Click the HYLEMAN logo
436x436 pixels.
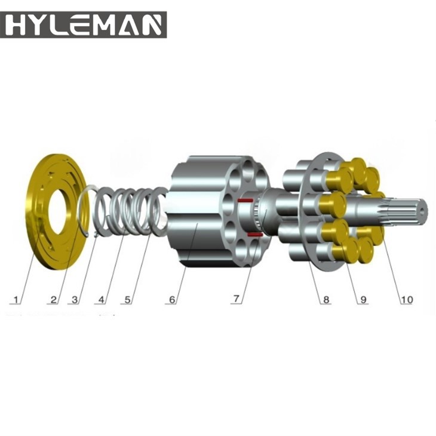[x=83, y=24]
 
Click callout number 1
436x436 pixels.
[x=16, y=300]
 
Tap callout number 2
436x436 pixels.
[x=53, y=300]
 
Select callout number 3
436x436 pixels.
[x=75, y=300]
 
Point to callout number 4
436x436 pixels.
[x=101, y=300]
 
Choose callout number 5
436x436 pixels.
[x=127, y=300]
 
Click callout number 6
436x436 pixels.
[x=172, y=300]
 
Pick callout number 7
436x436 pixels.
[x=237, y=299]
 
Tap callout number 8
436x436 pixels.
[x=326, y=300]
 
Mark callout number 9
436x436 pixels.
[x=363, y=300]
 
